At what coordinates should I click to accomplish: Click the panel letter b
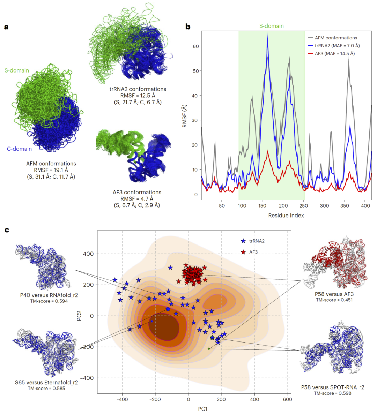(188, 27)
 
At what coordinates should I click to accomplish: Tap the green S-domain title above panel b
(271, 26)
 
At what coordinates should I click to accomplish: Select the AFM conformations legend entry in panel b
(336, 38)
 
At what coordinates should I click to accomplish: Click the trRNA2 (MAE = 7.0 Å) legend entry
(337, 46)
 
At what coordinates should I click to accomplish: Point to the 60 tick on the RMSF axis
(195, 46)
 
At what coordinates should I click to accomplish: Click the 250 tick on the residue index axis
(304, 205)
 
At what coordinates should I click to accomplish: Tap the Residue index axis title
(286, 216)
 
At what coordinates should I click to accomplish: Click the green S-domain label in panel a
(17, 70)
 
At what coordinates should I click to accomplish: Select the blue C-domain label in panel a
(19, 149)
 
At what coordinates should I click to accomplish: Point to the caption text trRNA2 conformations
(138, 89)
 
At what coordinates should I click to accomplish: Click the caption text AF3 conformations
(137, 193)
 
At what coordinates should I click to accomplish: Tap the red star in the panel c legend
(243, 252)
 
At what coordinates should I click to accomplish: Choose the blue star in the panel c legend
(243, 241)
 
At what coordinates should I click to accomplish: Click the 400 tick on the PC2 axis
(89, 254)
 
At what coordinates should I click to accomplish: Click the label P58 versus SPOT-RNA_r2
(332, 387)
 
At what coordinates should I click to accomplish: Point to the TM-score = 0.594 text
(49, 301)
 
